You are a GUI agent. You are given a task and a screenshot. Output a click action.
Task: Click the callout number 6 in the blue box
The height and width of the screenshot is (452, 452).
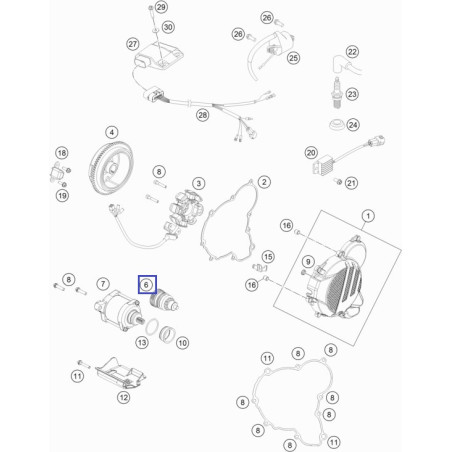[146, 285]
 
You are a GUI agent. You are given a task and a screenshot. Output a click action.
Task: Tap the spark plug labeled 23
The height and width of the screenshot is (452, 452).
[337, 93]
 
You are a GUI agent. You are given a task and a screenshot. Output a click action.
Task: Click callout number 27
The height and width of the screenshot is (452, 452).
[133, 44]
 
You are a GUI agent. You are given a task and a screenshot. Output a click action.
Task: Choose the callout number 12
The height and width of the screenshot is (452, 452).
[123, 397]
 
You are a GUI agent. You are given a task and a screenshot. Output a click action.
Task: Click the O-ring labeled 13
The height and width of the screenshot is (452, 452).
[152, 327]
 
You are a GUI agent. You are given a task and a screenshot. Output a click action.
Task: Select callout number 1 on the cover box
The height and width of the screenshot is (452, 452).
[368, 216]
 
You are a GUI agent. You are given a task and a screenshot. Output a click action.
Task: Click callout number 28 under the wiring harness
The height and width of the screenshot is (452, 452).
[203, 115]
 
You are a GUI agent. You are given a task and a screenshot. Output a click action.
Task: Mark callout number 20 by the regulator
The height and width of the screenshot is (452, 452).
[311, 153]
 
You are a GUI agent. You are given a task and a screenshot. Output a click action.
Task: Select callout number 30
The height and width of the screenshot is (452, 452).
[168, 27]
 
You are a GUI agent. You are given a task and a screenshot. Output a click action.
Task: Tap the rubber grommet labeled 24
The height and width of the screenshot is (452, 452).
[337, 125]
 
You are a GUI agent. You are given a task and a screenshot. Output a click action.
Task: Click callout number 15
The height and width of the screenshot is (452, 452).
[268, 257]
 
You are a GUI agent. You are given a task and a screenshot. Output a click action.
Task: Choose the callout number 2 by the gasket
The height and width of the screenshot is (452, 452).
[264, 182]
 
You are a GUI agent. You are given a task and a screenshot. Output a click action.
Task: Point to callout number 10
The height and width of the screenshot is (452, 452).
[182, 343]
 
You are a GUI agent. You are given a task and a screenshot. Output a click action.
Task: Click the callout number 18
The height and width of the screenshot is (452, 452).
[62, 153]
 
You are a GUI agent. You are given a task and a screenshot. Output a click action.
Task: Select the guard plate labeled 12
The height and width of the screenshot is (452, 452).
[120, 374]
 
